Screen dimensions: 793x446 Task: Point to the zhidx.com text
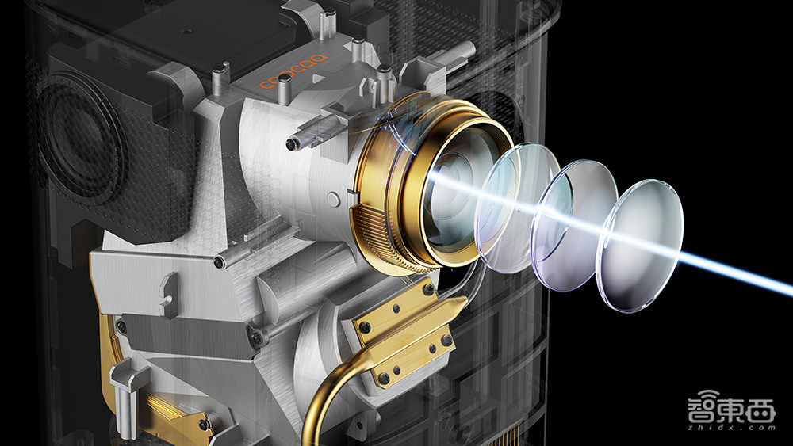(x=731, y=428)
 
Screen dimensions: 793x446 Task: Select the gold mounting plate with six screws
(x=404, y=334)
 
